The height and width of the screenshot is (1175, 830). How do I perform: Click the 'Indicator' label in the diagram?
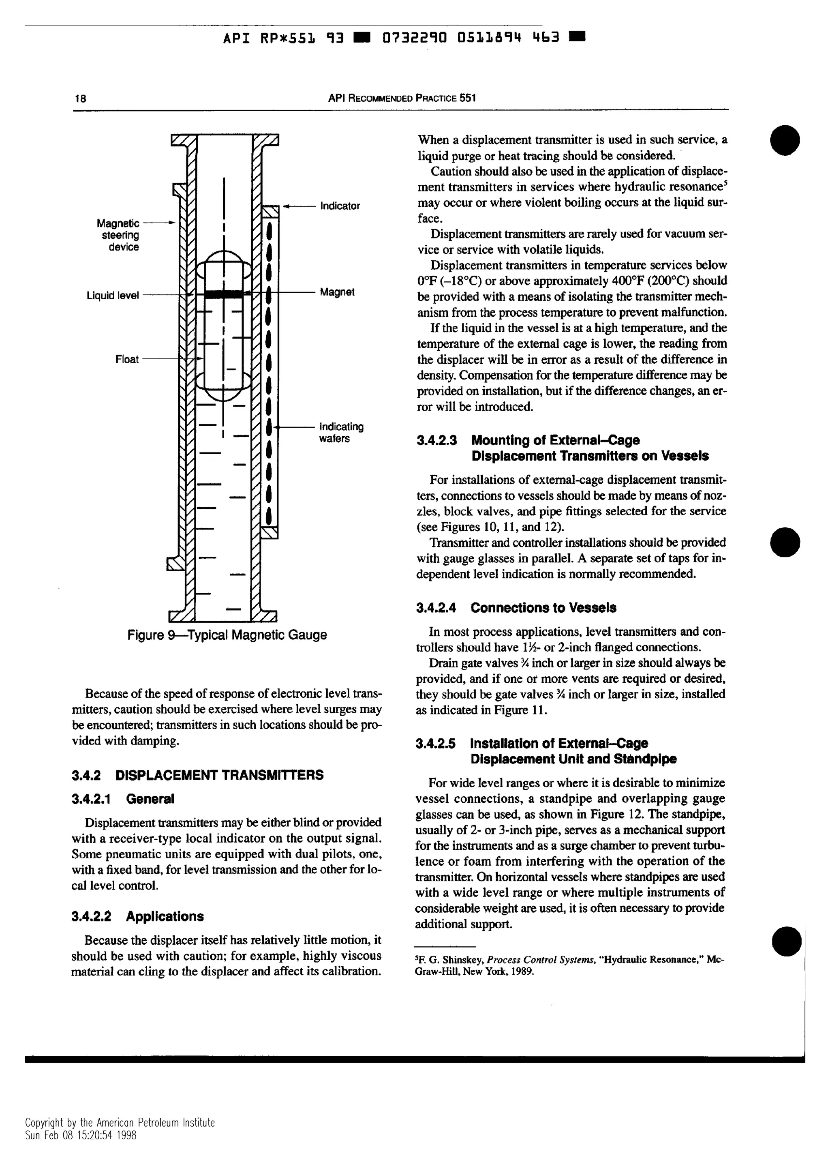(x=340, y=206)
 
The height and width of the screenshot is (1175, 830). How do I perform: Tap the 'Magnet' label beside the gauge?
(x=337, y=292)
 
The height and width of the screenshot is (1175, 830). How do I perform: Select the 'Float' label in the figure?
(x=127, y=359)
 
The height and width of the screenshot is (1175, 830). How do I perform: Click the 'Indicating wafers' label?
(x=341, y=433)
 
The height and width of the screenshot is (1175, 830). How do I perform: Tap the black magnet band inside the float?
(x=223, y=294)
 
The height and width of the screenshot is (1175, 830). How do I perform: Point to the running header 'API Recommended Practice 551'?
(x=402, y=97)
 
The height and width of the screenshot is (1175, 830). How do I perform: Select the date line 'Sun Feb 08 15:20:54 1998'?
(x=81, y=1136)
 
